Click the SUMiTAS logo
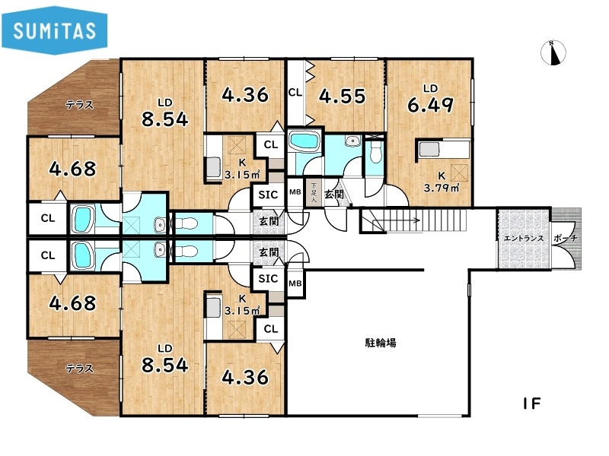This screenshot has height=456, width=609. pos(54,30)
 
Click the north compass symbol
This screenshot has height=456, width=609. pos(553,52)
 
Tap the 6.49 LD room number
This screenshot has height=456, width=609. pos(430,104)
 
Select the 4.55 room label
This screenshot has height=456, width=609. pos(342,97)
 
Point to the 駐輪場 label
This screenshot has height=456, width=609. pos(381,343)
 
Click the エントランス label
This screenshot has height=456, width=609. pos(524,238)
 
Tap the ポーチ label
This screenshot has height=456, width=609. pos(565,238)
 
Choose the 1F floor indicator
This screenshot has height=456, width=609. pos(531,404)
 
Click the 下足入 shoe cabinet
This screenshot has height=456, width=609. pos(314,193)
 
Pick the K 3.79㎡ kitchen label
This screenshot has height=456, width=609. pos(442,182)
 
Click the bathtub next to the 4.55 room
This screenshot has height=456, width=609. pos(304,141)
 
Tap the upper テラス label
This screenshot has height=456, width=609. pos(80,105)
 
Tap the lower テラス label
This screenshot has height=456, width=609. pos(80,368)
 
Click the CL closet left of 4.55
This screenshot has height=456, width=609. pos(295,93)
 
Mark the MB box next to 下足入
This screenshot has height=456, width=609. pos(295,192)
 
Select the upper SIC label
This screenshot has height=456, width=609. pos(268,195)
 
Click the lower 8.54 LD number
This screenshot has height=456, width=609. pos(164,365)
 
